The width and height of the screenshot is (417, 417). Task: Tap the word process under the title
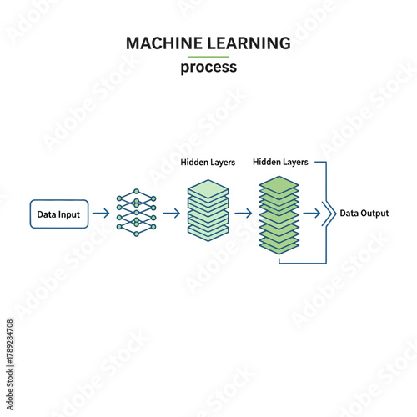(208, 68)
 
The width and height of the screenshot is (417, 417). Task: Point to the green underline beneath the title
(208, 56)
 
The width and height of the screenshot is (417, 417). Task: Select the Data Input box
(58, 214)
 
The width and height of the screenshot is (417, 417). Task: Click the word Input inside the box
(69, 214)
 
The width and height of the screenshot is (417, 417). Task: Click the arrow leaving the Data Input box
(100, 214)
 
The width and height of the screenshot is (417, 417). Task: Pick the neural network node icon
(136, 214)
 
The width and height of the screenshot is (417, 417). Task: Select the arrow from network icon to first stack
(172, 214)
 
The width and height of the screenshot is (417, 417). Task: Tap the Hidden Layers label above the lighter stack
(208, 162)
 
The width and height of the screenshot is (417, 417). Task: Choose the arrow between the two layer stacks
(244, 214)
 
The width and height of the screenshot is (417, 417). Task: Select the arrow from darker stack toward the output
(312, 214)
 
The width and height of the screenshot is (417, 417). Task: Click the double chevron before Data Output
(329, 214)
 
